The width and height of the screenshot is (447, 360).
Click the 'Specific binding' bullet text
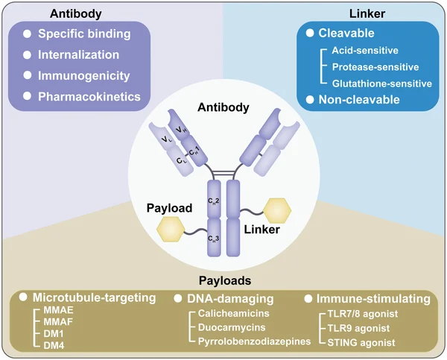[83, 34]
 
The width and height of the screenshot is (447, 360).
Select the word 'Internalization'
[78, 54]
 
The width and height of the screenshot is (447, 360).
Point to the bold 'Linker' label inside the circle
[261, 230]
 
